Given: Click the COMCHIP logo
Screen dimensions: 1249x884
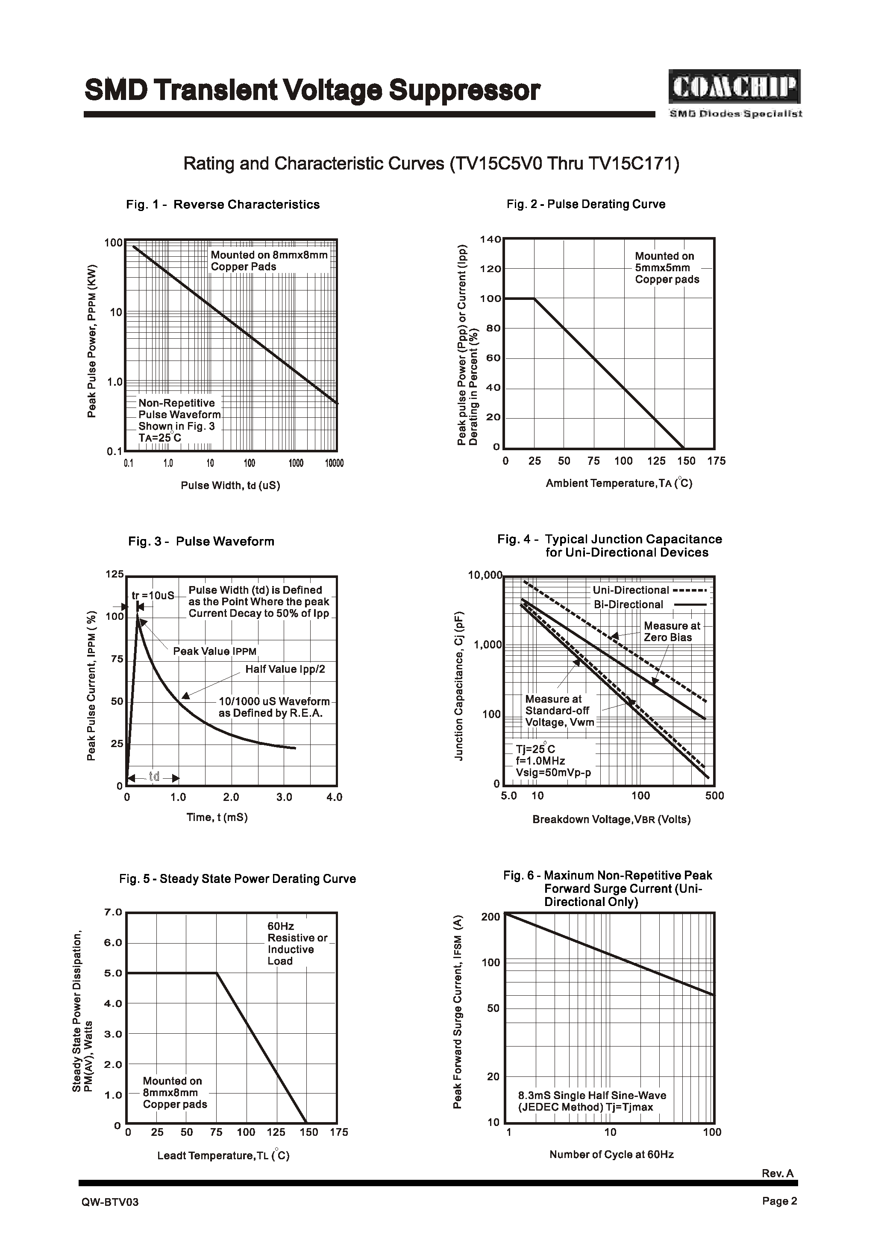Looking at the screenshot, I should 734,87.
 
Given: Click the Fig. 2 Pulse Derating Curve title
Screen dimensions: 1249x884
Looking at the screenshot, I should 586,204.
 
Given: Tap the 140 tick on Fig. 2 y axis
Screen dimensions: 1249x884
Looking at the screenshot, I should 490,240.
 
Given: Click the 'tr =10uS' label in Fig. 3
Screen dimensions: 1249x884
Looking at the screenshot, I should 153,595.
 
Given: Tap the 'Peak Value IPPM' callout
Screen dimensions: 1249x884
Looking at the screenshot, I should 214,651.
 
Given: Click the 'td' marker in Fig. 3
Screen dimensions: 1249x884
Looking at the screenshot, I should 154,777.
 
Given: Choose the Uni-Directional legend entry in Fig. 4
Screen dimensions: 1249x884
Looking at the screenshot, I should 649,590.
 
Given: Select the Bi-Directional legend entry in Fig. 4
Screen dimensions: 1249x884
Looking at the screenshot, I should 649,604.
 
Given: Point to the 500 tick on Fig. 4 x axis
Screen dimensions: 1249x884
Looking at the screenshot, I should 714,796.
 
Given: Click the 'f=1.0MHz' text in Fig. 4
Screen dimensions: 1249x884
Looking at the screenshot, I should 540,761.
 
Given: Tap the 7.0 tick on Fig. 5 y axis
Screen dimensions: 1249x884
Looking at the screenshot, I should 113,912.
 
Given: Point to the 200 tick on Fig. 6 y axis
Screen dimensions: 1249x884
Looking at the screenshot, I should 490,917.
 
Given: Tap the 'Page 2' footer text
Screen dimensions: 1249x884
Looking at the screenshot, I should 779,1202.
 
